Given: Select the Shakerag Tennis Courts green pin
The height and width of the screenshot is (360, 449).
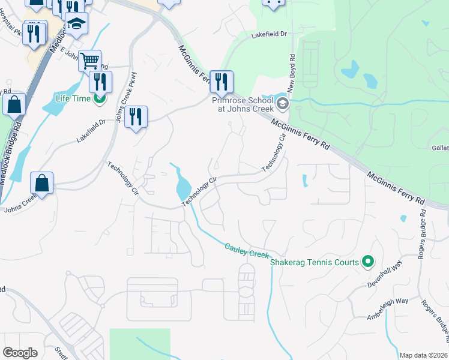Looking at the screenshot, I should click(369, 262).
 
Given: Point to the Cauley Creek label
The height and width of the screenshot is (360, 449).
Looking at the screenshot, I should click(246, 251).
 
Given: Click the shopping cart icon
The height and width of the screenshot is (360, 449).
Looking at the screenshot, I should click(89, 60).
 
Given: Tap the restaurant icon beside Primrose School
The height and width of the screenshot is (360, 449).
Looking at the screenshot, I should click(221, 82).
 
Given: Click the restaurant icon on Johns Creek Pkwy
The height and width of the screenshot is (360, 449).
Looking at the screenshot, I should click(136, 116).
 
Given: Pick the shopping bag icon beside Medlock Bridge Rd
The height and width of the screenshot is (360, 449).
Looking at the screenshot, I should click(14, 104).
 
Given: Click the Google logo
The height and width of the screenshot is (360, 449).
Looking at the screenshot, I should click(20, 353).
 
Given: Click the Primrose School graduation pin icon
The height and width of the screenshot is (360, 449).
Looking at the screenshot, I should click(282, 104).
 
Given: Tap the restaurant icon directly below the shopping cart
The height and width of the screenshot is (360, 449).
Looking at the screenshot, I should click(100, 82).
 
